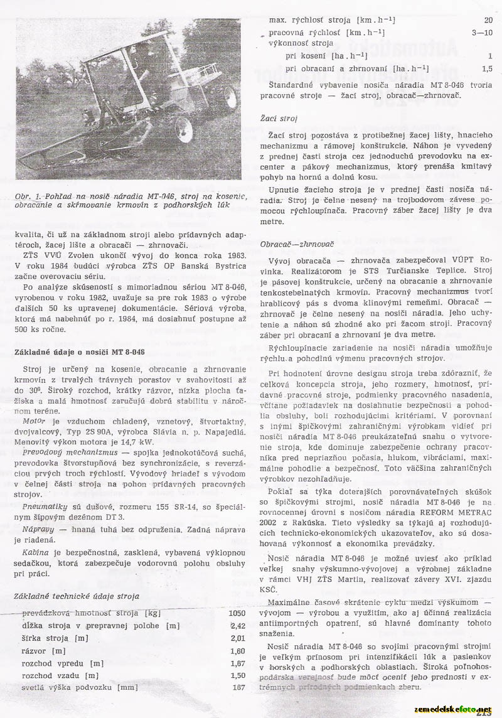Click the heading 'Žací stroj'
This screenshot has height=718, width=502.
pyautogui.click(x=279, y=117)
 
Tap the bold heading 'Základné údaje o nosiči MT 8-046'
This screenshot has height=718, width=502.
pyautogui.click(x=80, y=351)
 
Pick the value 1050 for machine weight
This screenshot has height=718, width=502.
pyautogui.click(x=237, y=613)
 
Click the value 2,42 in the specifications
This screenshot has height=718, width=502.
pyautogui.click(x=238, y=626)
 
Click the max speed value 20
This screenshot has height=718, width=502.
pyautogui.click(x=488, y=20)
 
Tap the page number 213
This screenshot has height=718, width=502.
pyautogui.click(x=483, y=713)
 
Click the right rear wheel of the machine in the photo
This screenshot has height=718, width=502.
pyautogui.click(x=228, y=96)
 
